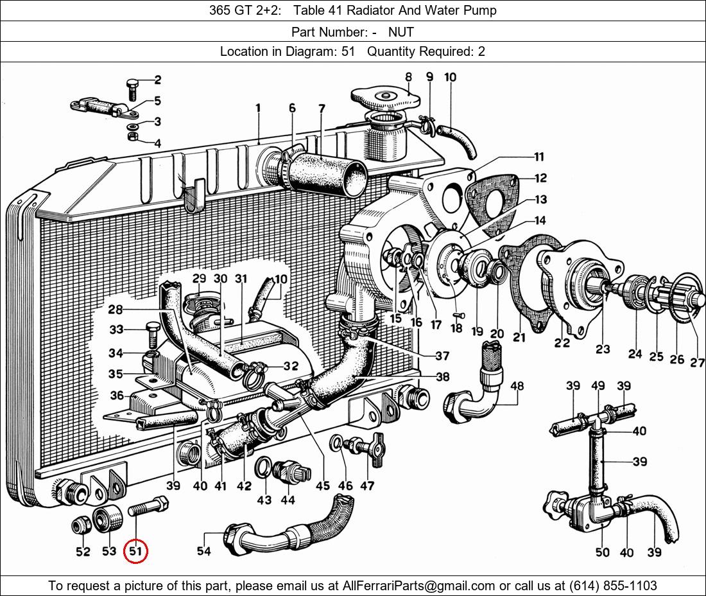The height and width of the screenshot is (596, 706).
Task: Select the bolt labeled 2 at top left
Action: pyautogui.click(x=133, y=89)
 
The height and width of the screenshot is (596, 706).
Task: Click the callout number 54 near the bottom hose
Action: pyautogui.click(x=203, y=550)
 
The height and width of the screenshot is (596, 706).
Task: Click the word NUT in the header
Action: pyautogui.click(x=400, y=32)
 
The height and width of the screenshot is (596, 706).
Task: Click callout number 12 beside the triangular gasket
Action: pyautogui.click(x=540, y=178)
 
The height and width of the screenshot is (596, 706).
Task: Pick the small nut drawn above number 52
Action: pyautogui.click(x=82, y=526)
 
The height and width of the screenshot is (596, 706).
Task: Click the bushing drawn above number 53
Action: pyautogui.click(x=108, y=519)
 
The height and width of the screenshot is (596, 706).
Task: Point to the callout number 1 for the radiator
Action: pyautogui.click(x=258, y=108)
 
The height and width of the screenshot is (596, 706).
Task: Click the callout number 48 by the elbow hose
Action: pyautogui.click(x=517, y=386)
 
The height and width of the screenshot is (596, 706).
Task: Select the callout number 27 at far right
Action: pyautogui.click(x=698, y=362)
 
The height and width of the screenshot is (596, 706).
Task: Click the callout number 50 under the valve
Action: pyautogui.click(x=603, y=552)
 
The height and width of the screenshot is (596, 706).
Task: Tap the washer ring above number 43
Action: pyautogui.click(x=264, y=467)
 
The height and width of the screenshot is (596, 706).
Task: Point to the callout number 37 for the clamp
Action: pyautogui.click(x=442, y=356)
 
